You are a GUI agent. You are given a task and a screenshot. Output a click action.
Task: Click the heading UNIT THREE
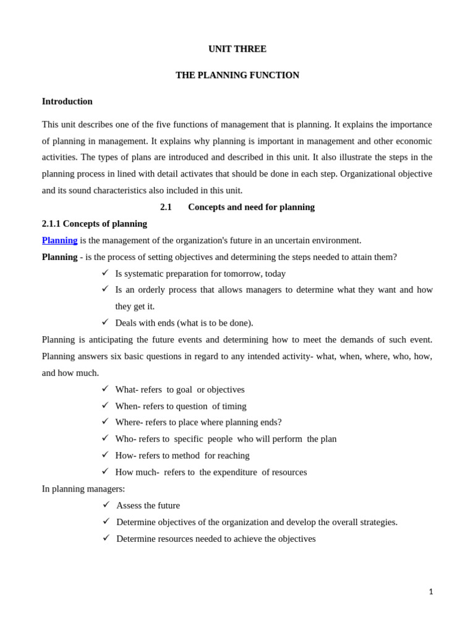click(237, 49)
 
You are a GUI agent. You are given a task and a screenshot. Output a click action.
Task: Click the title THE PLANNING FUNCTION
click(237, 75)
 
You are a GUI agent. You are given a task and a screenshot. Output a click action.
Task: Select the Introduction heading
click(67, 101)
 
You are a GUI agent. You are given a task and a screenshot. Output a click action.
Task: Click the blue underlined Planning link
click(59, 240)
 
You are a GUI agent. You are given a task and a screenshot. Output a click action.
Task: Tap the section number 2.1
click(166, 207)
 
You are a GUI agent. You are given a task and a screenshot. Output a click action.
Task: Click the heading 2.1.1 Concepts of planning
click(94, 224)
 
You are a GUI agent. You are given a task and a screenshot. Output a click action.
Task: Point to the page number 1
click(430, 592)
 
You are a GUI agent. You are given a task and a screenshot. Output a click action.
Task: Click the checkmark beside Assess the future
click(106, 505)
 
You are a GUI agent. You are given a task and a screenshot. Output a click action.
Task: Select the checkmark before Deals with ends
click(105, 322)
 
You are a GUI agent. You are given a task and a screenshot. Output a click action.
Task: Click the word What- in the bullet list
click(127, 389)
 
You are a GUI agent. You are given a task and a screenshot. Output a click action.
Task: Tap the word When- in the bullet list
click(128, 406)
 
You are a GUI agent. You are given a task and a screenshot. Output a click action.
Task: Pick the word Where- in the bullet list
click(129, 422)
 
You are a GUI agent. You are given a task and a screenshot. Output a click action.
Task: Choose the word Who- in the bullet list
click(126, 439)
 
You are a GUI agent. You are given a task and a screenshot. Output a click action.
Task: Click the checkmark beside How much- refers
click(105, 471)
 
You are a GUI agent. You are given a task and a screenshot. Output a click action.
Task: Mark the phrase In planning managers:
click(83, 489)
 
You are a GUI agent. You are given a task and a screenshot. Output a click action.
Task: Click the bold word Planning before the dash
click(59, 257)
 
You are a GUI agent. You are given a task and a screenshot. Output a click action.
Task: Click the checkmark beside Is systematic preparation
click(105, 272)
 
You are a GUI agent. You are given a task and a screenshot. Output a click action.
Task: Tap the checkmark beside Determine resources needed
click(106, 538)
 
